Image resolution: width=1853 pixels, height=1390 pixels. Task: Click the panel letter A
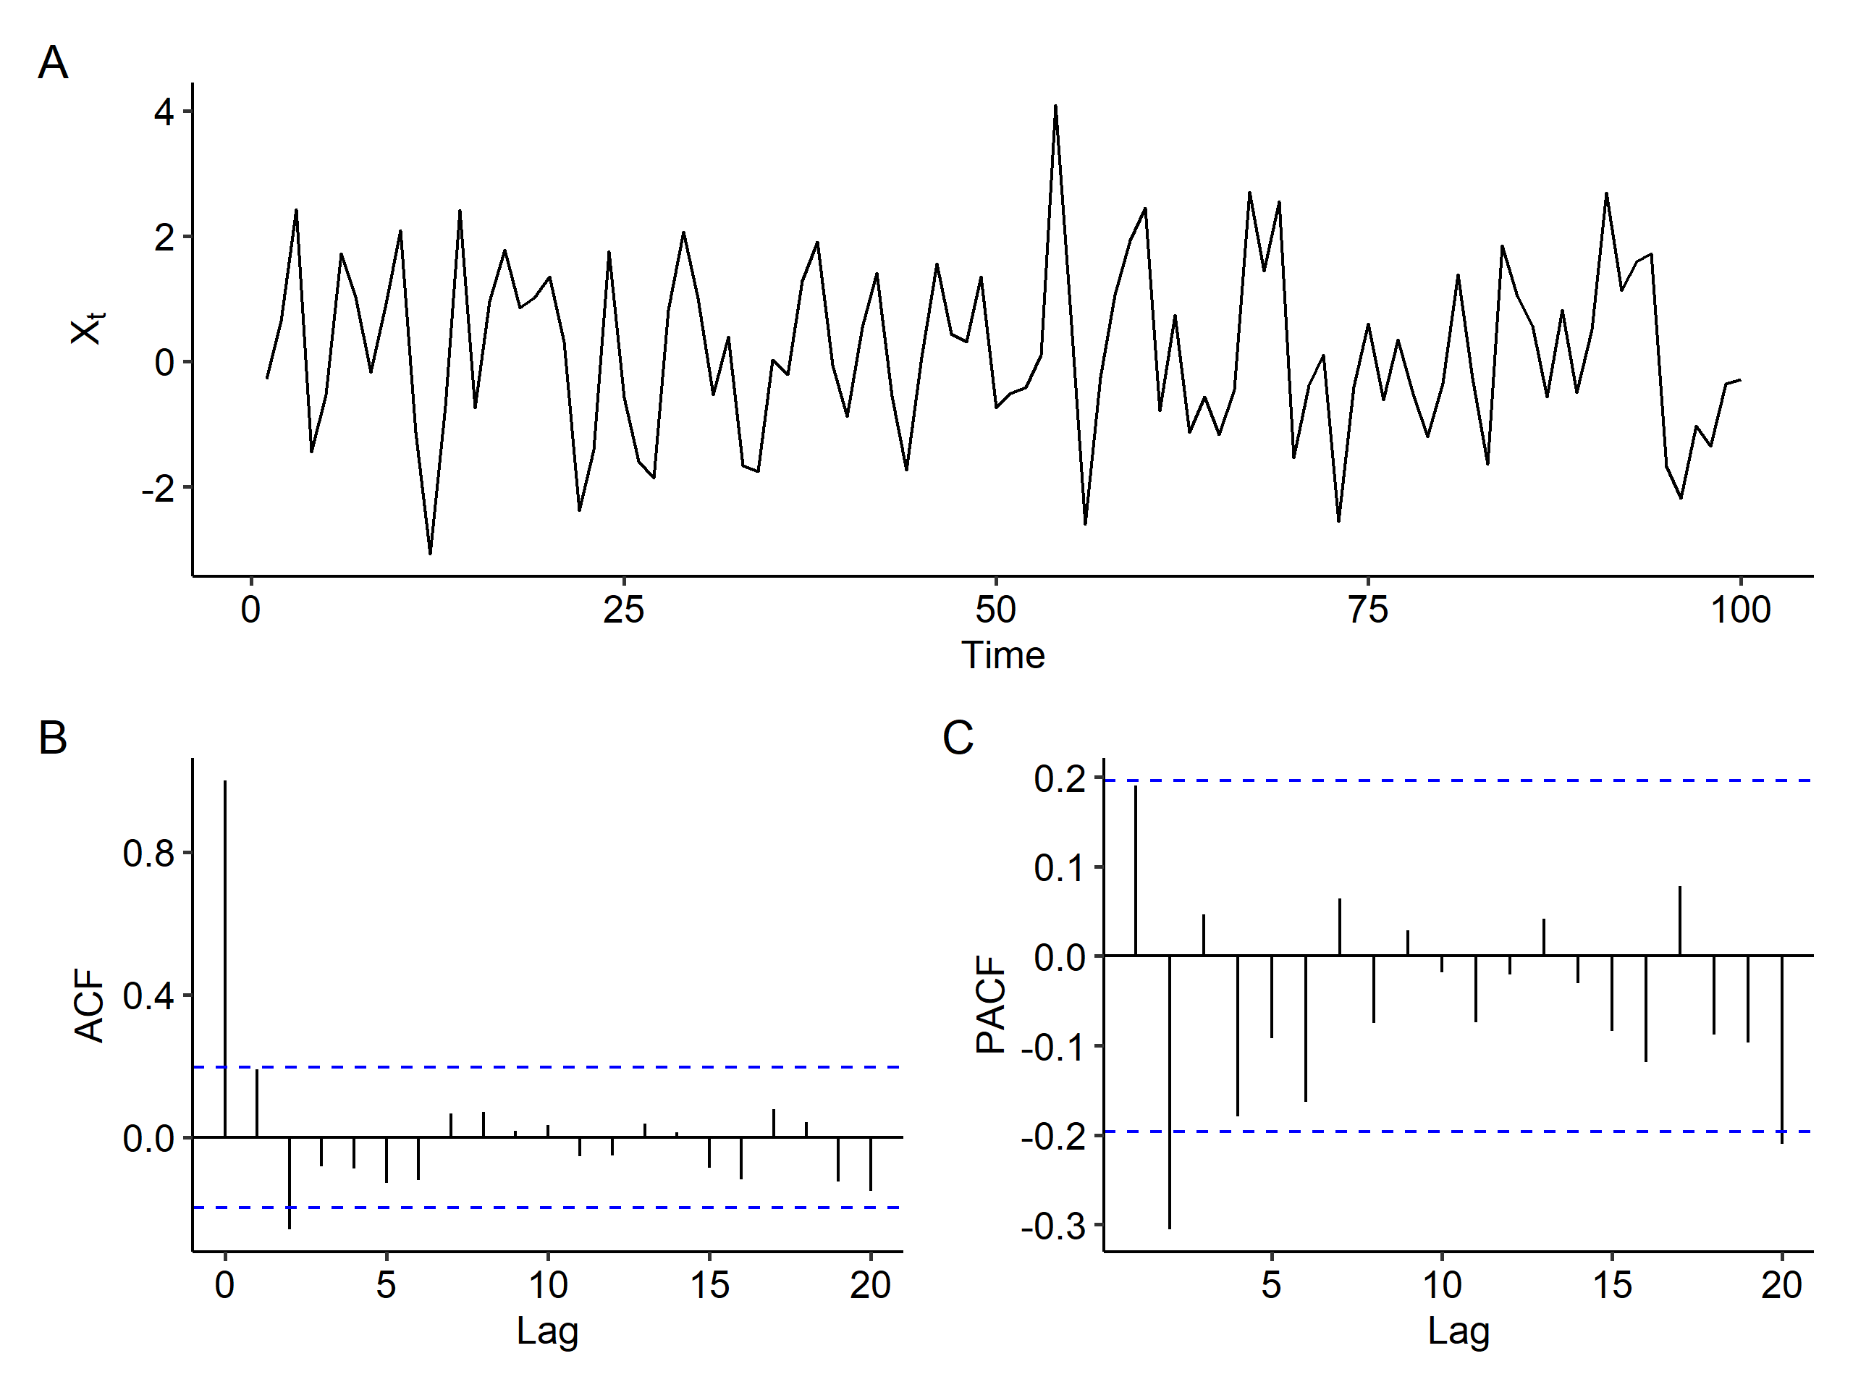(53, 63)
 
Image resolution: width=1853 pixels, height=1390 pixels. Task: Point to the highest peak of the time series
(1055, 107)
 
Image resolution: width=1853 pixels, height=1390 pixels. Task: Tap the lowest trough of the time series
(430, 552)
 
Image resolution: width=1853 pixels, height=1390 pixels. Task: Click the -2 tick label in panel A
(159, 489)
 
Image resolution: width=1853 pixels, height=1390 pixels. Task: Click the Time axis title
(1003, 655)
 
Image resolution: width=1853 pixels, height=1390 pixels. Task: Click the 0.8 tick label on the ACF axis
(148, 854)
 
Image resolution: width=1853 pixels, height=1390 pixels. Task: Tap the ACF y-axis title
(89, 1006)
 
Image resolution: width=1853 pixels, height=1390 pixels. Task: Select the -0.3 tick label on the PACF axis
(1053, 1226)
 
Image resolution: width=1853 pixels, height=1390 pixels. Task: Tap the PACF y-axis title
(991, 1006)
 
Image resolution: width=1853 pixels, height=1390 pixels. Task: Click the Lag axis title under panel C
(1459, 1331)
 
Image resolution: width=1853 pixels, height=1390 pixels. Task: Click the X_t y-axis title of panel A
(87, 329)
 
